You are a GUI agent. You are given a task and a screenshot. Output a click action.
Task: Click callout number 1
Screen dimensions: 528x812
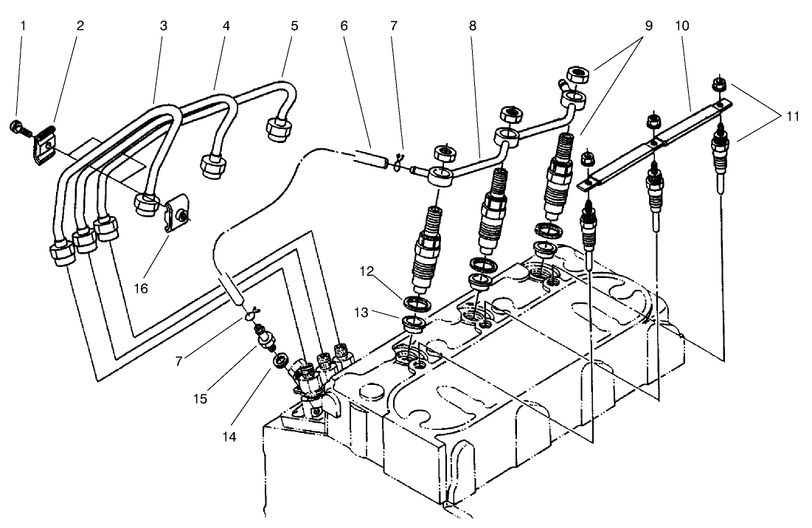pos(22,26)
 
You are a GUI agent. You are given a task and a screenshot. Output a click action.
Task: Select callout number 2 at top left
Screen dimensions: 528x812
pos(80,26)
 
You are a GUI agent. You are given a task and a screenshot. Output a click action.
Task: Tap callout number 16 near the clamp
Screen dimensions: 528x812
pos(140,288)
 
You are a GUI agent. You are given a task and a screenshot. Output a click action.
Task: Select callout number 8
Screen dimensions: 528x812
pos(472,26)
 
